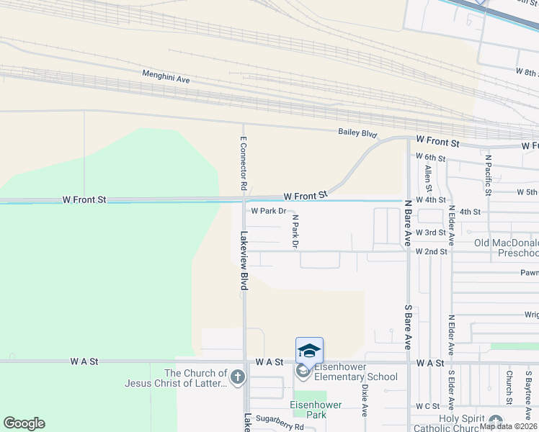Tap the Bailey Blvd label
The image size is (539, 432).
pyautogui.click(x=358, y=133)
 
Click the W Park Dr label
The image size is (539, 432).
pyautogui.click(x=269, y=212)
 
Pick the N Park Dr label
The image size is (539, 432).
pyautogui.click(x=295, y=231)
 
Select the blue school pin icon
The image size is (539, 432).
pyautogui.click(x=309, y=351)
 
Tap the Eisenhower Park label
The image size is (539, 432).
pyautogui.click(x=309, y=410)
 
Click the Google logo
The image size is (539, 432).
pyautogui.click(x=24, y=423)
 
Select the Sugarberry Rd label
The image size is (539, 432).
pyautogui.click(x=275, y=427)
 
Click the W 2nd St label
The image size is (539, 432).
pyautogui.click(x=432, y=252)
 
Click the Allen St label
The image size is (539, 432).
pyautogui.click(x=428, y=178)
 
